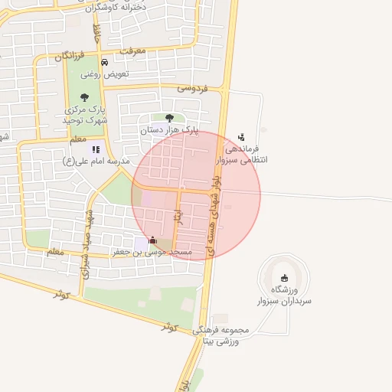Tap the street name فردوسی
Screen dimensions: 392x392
click(x=192, y=88)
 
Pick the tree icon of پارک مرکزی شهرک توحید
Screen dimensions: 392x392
click(x=84, y=97)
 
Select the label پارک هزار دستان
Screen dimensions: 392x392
click(x=169, y=131)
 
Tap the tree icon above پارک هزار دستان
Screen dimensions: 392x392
click(x=169, y=118)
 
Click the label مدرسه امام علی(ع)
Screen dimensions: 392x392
click(x=96, y=162)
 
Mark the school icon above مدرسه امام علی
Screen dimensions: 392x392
click(x=96, y=150)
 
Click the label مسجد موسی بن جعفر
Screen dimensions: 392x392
click(x=152, y=251)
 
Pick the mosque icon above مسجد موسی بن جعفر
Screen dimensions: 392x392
click(x=152, y=240)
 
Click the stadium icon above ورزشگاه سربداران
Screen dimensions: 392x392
click(x=286, y=278)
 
